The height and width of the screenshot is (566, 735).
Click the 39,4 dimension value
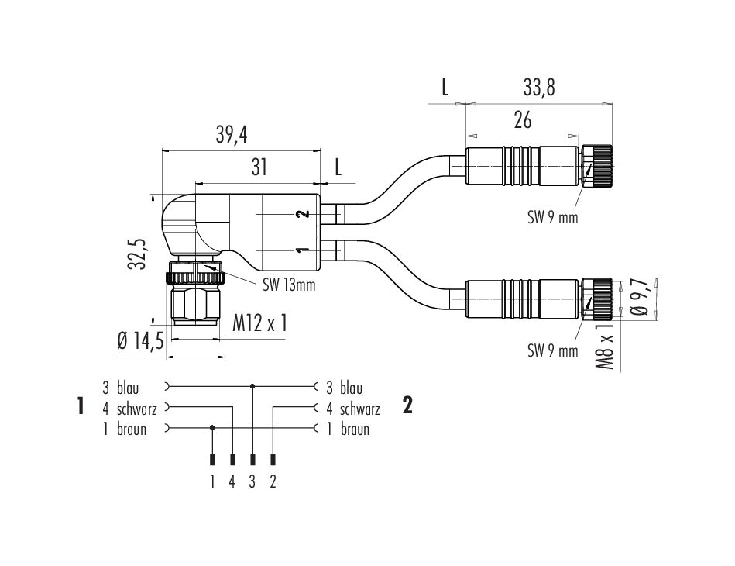(x=232, y=135)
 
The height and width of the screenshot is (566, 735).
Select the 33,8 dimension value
(x=539, y=88)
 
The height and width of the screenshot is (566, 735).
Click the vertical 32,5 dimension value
(x=138, y=253)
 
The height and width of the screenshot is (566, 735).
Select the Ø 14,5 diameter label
(x=140, y=341)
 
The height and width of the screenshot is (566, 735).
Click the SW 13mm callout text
(x=288, y=285)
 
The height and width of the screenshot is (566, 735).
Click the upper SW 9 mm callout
(x=553, y=218)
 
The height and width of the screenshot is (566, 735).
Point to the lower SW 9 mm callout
(x=553, y=350)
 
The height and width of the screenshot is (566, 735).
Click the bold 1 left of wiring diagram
(x=81, y=406)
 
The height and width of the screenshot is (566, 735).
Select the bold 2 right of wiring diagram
(x=407, y=406)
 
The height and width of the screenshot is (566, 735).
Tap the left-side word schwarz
(x=139, y=409)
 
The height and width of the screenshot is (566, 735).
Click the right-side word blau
(x=351, y=388)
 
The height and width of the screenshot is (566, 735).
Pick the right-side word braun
(x=354, y=429)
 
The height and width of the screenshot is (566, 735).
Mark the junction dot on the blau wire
(x=253, y=385)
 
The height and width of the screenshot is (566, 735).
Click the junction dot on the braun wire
(x=213, y=427)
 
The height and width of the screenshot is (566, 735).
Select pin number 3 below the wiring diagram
(x=252, y=481)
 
